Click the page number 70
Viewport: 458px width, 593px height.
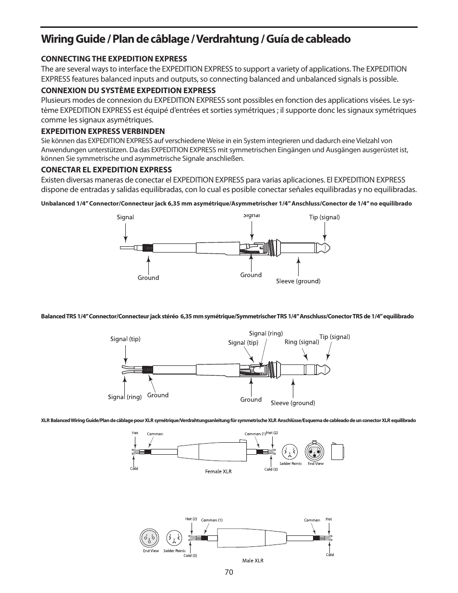click(228, 572)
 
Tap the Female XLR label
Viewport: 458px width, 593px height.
click(218, 471)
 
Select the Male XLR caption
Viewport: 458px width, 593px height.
click(253, 560)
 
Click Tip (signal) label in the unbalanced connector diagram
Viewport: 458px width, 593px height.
click(324, 217)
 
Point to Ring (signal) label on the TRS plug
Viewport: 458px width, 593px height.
click(301, 342)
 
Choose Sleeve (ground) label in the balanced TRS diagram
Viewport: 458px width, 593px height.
click(293, 403)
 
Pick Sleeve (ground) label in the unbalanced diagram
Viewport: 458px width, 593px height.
click(298, 281)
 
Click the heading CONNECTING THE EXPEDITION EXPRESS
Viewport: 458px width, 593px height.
click(114, 59)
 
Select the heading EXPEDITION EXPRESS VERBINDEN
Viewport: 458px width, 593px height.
click(103, 131)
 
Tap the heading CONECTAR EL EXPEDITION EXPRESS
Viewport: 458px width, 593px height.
click(106, 169)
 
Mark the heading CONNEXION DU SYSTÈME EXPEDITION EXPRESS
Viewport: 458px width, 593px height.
click(128, 90)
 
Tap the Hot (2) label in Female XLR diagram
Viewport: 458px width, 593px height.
click(272, 433)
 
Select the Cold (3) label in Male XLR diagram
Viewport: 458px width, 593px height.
click(191, 556)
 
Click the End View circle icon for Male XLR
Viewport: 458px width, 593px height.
click(150, 538)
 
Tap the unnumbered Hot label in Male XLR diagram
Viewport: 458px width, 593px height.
click(329, 519)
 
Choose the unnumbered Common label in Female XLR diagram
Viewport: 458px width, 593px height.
click(155, 434)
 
